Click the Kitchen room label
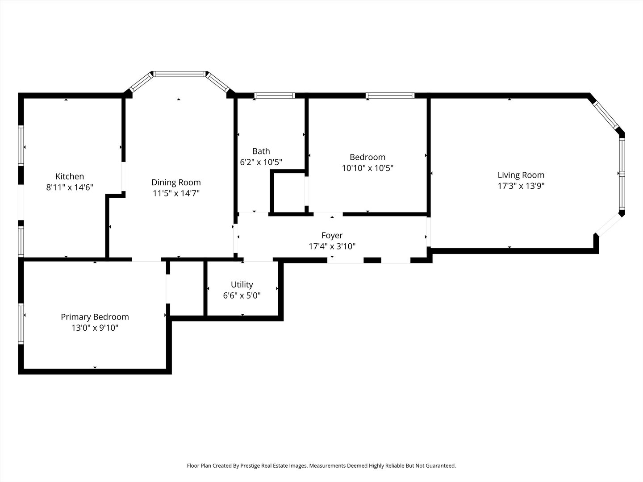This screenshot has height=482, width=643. tap(70, 176)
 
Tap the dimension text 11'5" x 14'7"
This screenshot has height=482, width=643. tap(176, 193)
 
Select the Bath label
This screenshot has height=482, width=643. tap(261, 151)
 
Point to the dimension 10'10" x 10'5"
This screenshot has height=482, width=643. tap(367, 168)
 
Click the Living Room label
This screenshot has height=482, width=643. tap(521, 175)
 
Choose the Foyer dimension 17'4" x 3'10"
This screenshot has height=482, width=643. tap(332, 246)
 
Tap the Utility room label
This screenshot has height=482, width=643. tap(242, 285)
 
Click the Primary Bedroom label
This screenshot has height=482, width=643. tap(95, 317)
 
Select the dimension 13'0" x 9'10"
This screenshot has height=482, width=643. tap(95, 328)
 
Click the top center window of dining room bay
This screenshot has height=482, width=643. tap(179, 74)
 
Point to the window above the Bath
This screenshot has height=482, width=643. tap(274, 95)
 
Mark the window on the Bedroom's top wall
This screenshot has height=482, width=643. tap(390, 95)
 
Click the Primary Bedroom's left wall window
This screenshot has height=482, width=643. tap(21, 324)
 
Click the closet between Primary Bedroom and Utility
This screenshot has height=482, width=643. tap(187, 288)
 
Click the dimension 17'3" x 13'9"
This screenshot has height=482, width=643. tap(521, 186)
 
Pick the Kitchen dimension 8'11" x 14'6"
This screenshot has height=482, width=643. tap(70, 187)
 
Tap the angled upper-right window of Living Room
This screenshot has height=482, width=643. tap(605, 115)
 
